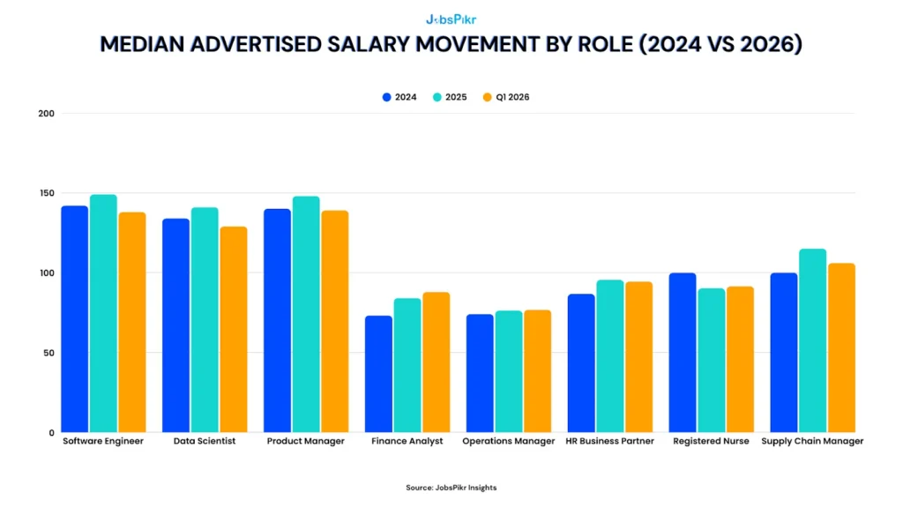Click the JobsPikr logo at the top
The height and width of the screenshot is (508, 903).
451,19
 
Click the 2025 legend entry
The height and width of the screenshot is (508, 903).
450,97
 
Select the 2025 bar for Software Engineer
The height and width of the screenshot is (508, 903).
103,313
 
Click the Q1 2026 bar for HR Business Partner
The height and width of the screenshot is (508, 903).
639,357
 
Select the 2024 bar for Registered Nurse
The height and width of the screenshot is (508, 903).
683,353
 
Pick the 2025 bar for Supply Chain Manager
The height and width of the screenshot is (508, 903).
812,340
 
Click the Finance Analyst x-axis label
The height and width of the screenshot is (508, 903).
407,441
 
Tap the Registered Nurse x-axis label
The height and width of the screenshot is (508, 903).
711,441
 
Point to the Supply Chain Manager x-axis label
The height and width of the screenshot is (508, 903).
812,441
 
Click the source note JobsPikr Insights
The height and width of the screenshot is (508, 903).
451,488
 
